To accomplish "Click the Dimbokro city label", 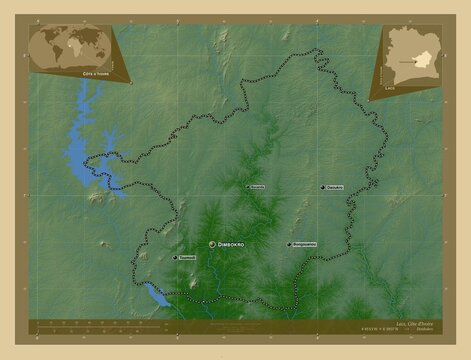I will [x=231, y=244].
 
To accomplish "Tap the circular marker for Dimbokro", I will [x=211, y=244].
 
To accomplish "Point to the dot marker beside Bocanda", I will [x=248, y=187].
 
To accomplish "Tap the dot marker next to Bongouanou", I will [x=288, y=244].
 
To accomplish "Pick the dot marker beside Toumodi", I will [x=176, y=258].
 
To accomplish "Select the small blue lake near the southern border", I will [x=155, y=294].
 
